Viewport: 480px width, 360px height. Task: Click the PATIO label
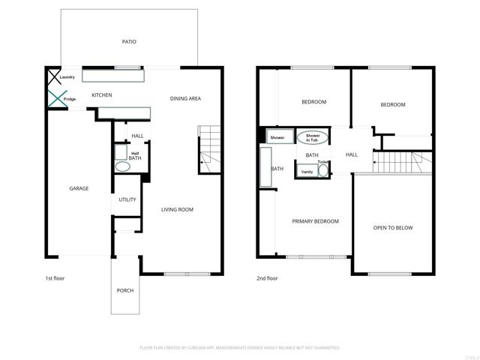129,42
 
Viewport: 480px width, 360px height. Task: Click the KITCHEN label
101,95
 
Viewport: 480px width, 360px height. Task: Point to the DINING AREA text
185,98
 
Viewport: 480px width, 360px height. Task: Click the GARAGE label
79,188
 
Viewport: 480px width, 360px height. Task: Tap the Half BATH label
135,156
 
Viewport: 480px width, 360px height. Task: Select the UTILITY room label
127,199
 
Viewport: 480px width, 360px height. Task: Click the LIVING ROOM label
177,209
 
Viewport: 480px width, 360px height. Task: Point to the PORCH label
124,290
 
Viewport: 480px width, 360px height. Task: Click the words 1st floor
55,278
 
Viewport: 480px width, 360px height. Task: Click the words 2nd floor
267,278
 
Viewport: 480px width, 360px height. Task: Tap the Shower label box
277,138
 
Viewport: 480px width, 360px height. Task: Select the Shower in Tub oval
312,138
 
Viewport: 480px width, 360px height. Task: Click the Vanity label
307,172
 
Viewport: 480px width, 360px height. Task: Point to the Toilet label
322,162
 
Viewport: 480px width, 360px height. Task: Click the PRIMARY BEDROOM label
315,221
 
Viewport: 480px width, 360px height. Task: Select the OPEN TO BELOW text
393,228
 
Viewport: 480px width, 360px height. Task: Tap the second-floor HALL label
352,154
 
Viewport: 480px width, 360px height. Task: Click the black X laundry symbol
54,77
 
